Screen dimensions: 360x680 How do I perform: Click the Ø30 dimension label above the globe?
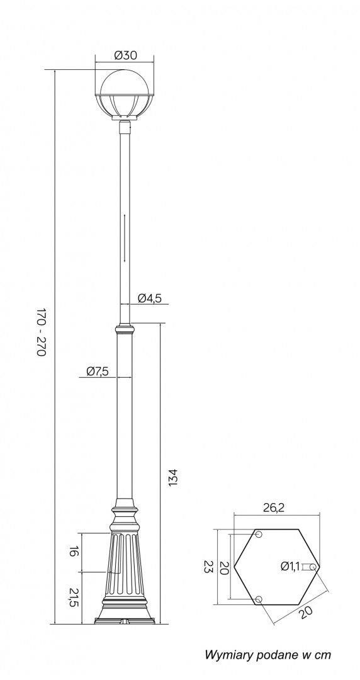click(x=125, y=55)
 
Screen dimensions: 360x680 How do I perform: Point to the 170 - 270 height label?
click(x=41, y=332)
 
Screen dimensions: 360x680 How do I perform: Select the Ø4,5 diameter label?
click(x=150, y=298)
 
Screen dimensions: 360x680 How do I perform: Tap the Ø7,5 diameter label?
click(x=97, y=371)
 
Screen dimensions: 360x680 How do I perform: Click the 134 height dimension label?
click(x=172, y=477)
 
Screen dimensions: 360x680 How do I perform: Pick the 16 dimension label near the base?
click(x=74, y=552)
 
